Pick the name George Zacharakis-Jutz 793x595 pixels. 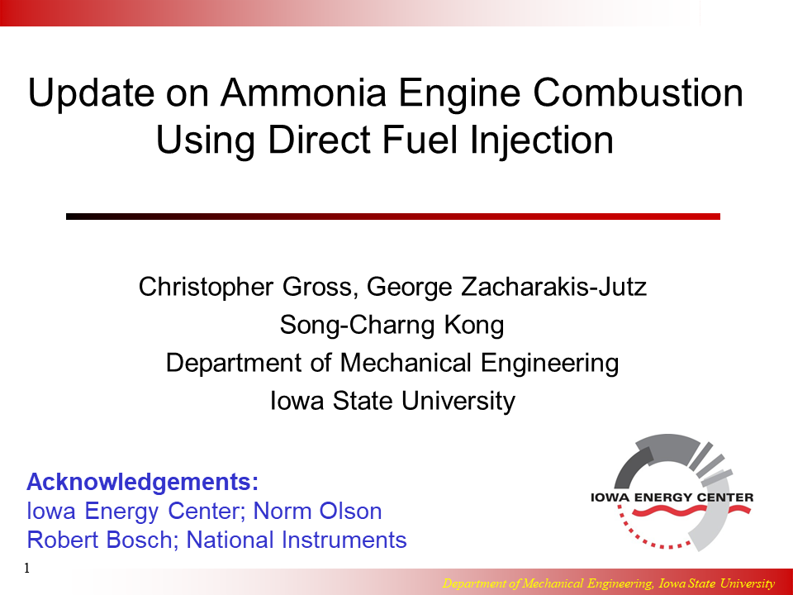(x=506, y=287)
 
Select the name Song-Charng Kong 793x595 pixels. (x=392, y=325)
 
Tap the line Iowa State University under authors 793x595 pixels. (x=392, y=401)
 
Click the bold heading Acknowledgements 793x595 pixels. (x=143, y=482)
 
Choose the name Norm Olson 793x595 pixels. (x=318, y=511)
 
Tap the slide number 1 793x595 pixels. (x=27, y=569)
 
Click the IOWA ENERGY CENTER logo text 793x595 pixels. (x=672, y=497)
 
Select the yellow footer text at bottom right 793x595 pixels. (x=609, y=583)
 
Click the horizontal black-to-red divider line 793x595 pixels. (x=392, y=217)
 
